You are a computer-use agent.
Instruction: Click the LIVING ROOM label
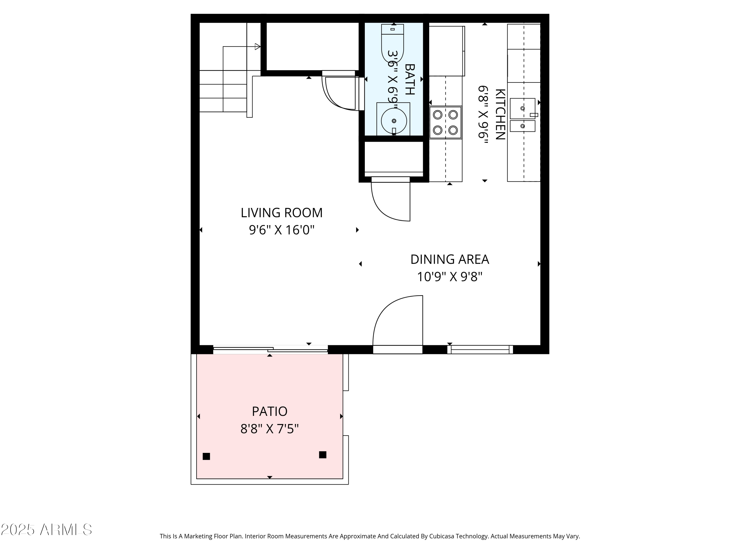tap(281, 213)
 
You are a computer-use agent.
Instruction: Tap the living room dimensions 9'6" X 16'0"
tap(281, 230)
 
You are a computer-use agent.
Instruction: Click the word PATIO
tap(269, 411)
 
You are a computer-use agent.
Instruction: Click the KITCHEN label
tap(499, 114)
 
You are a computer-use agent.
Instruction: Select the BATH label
tap(409, 80)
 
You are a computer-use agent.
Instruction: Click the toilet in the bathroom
tap(392, 43)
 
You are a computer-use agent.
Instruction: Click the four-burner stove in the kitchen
tap(445, 122)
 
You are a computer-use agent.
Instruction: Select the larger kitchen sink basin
tap(522, 108)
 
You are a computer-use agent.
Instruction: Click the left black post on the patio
tap(206, 456)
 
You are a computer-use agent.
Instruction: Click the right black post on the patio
tap(322, 455)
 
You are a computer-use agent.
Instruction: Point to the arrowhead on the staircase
tap(257, 47)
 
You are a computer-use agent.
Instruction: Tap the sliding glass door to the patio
tap(270, 350)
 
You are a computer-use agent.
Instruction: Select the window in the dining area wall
tap(480, 350)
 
